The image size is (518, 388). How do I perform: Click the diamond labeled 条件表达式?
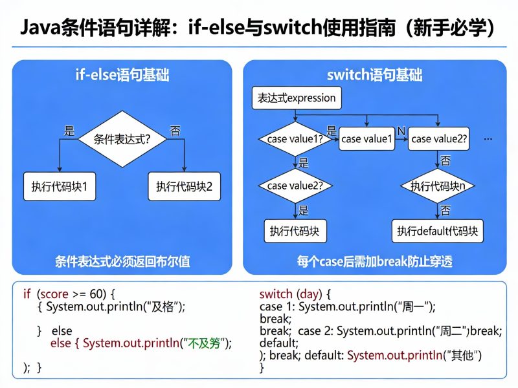122,139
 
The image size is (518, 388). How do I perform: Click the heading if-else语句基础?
122,76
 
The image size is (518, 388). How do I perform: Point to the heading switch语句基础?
375,76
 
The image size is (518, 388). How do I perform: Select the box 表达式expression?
297,98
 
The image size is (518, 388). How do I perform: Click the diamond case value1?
295,139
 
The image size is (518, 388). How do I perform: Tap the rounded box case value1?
367,139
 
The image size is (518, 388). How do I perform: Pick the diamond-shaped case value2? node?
295,186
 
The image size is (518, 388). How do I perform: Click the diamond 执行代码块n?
442,186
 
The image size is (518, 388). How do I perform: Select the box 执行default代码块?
438,231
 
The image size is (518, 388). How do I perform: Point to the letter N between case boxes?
401,131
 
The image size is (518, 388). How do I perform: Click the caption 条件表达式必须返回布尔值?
122,262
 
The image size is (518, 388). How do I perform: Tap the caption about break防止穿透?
375,262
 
